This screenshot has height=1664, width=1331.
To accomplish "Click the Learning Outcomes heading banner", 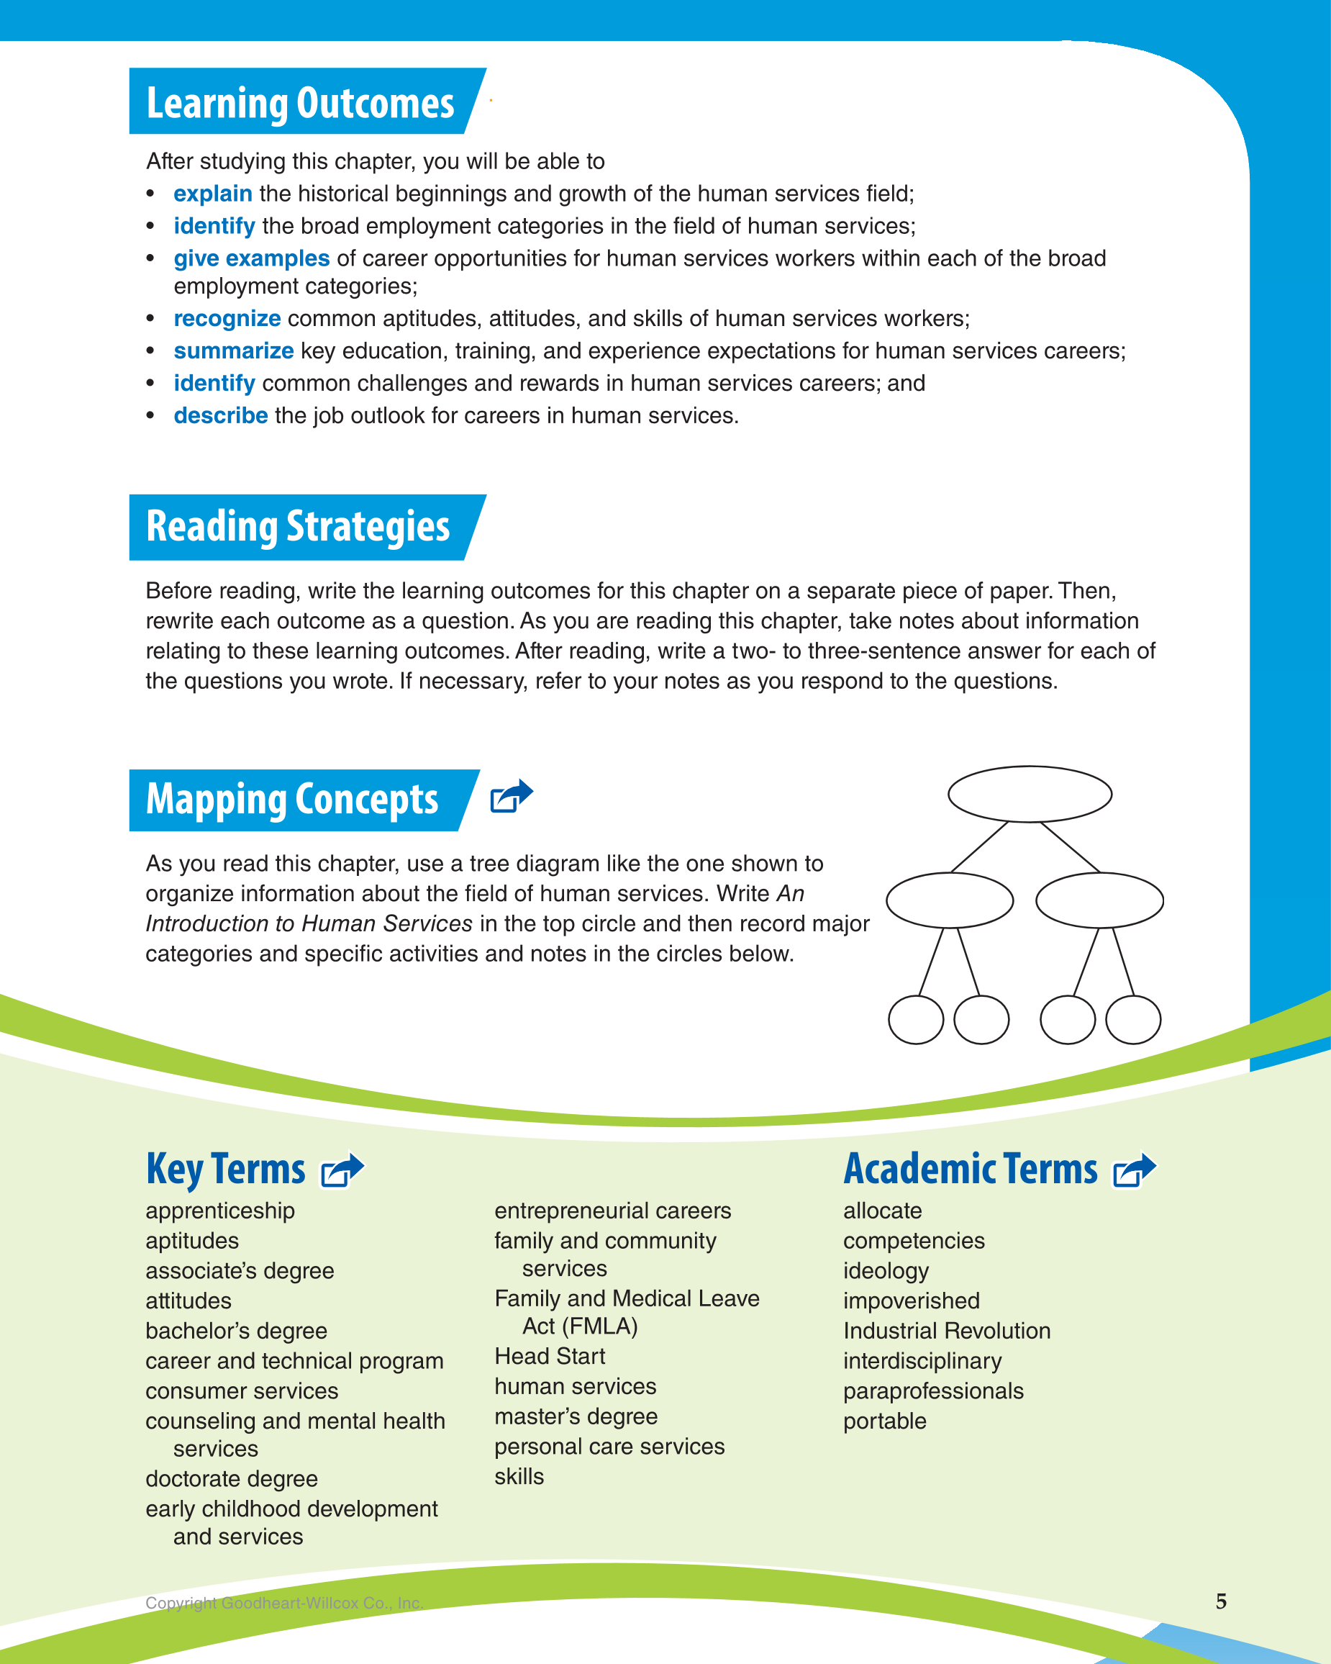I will click(x=300, y=103).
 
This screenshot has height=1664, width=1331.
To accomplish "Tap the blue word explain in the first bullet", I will click(x=212, y=194).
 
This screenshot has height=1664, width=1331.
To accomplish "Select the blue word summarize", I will click(x=233, y=351).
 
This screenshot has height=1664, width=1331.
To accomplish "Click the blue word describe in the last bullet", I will click(x=220, y=416).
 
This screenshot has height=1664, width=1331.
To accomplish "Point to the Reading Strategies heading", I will click(x=298, y=527).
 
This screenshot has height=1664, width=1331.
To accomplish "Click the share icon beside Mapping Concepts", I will click(x=512, y=796).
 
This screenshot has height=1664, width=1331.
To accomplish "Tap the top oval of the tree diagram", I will click(x=1030, y=794).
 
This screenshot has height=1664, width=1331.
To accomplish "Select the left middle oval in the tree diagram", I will click(x=949, y=900).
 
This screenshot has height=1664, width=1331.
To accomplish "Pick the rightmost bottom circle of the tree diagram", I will click(x=1132, y=1020).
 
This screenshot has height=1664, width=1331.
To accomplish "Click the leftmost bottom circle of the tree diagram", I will click(x=916, y=1020).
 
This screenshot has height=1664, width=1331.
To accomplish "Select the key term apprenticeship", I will click(x=220, y=1211).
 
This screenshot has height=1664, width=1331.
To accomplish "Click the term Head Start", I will click(x=550, y=1356).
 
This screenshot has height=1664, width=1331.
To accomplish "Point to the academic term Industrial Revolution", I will click(x=947, y=1331).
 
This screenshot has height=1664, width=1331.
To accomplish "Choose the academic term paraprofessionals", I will click(x=933, y=1391).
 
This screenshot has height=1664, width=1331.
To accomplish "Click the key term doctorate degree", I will click(x=232, y=1479).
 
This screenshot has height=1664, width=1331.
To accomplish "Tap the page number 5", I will click(x=1221, y=1601).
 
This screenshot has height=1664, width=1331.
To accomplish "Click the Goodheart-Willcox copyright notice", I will click(x=284, y=1603).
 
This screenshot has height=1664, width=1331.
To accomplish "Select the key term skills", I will click(x=519, y=1476).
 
